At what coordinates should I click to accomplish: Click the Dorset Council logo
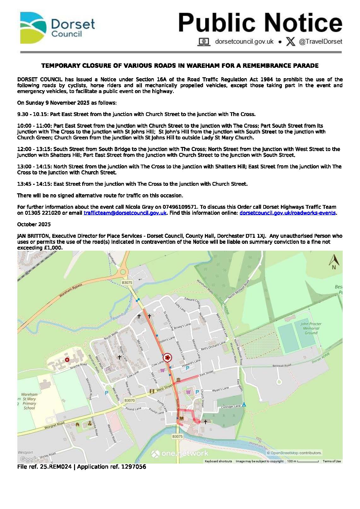coord(57,28)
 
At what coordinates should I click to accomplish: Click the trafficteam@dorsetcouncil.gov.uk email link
coord(125,213)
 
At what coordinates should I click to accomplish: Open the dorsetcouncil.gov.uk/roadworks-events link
coord(287,213)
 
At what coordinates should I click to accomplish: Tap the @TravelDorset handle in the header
coord(320,42)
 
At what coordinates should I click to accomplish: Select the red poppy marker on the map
coord(168,357)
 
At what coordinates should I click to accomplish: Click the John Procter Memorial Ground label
coord(311,328)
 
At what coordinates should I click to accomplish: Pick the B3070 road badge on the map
coord(130,400)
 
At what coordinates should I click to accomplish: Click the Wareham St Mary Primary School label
coord(29,401)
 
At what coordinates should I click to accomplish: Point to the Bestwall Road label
coord(282,366)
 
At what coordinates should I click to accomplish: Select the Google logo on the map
coord(29,459)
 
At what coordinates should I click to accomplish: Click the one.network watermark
coord(180,453)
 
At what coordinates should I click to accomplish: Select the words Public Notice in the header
coord(260,23)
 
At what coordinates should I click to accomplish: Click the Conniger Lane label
coord(231,407)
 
